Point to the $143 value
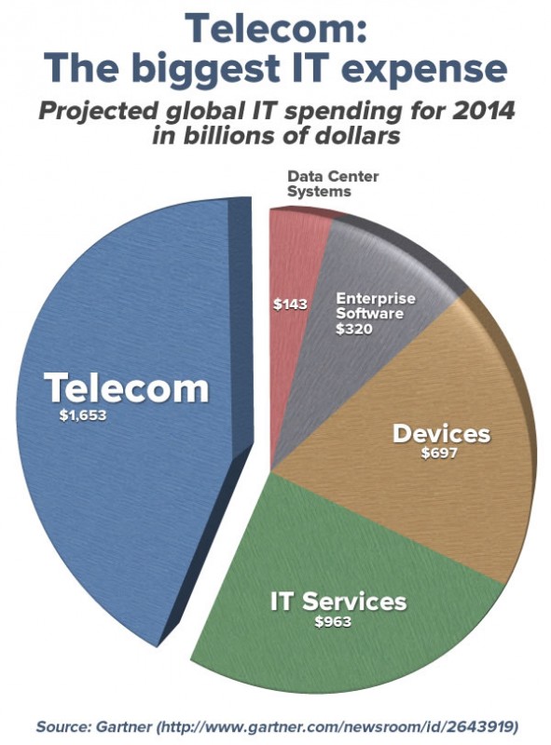pos(290,304)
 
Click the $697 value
pos(441,456)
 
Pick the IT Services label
pos(337,601)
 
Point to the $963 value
pos(334,622)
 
